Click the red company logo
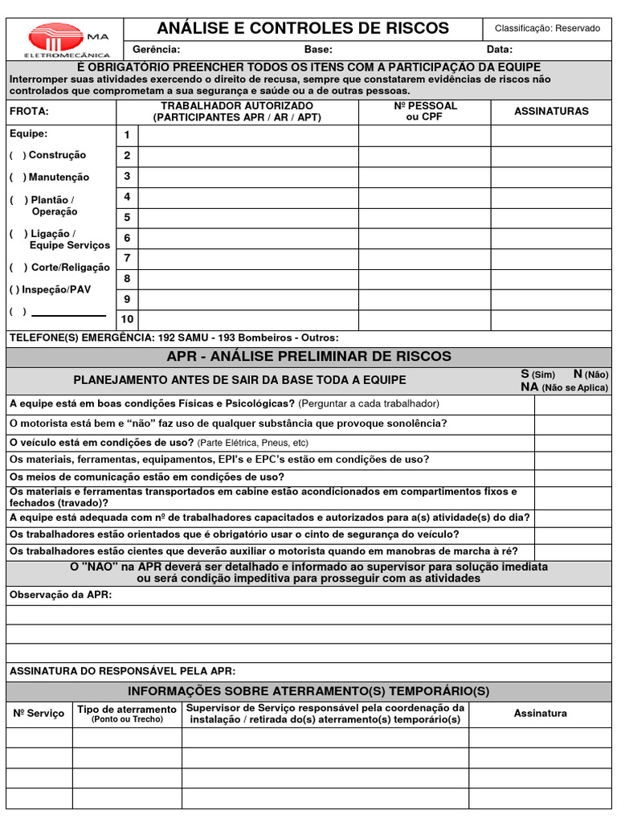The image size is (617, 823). (56, 38)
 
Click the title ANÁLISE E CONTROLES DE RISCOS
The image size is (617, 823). (303, 28)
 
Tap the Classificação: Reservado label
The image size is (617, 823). (547, 28)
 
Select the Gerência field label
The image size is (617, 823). (156, 49)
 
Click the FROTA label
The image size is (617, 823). (29, 112)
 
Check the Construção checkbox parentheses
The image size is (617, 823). (18, 155)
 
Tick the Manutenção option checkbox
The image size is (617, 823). (18, 178)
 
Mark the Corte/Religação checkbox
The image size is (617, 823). (18, 268)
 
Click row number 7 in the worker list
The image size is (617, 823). (127, 258)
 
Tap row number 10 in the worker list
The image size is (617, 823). (127, 319)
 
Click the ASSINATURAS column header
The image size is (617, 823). (551, 112)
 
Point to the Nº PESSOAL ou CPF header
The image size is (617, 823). (425, 112)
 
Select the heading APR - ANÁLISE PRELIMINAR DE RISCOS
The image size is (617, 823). (308, 356)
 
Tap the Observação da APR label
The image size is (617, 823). (60, 595)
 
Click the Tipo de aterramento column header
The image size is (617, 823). (126, 714)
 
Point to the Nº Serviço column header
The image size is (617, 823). (39, 714)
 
